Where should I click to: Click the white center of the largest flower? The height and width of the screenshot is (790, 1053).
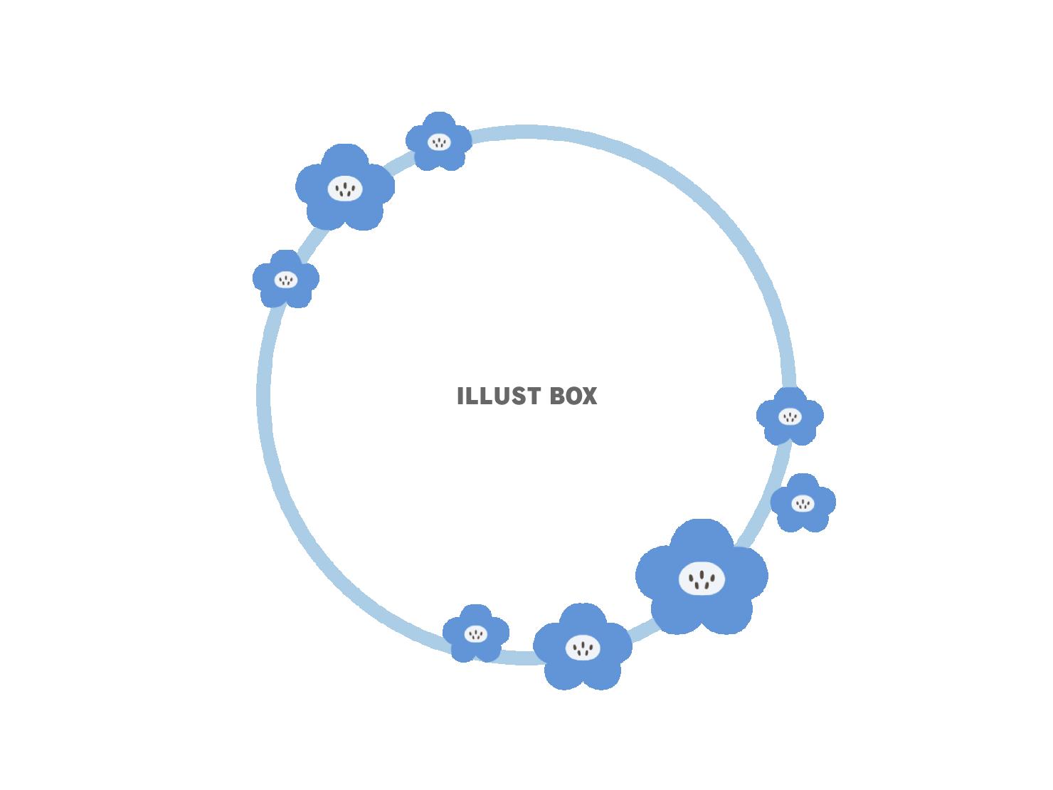[702, 579]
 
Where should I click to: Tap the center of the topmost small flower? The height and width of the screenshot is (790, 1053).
[439, 142]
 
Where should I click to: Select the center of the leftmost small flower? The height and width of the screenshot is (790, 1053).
[286, 279]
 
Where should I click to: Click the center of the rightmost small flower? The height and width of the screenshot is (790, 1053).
[803, 503]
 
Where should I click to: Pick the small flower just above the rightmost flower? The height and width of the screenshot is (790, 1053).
[790, 416]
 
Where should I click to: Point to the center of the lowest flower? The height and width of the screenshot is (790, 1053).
[583, 648]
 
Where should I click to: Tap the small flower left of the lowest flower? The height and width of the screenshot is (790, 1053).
[476, 633]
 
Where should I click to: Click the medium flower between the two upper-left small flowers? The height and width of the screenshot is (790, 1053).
[345, 189]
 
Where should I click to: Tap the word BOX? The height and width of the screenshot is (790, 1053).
[573, 396]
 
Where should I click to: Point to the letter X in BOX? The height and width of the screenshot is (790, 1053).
[590, 396]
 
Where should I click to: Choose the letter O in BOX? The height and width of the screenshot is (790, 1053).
[573, 396]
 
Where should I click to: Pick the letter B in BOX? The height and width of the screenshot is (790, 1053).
[557, 396]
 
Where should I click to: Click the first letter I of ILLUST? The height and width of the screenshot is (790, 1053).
[460, 396]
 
